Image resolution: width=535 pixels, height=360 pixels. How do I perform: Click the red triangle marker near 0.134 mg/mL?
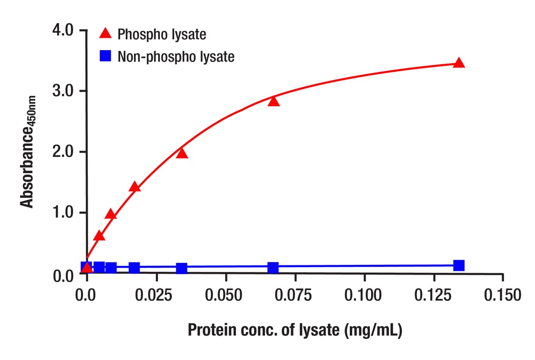click(459, 63)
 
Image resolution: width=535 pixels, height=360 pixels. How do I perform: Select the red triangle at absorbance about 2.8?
click(273, 101)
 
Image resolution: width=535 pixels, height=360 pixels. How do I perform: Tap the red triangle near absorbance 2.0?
click(181, 153)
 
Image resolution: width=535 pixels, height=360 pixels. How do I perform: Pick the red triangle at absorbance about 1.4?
click(135, 187)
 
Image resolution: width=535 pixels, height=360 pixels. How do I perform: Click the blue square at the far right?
click(459, 265)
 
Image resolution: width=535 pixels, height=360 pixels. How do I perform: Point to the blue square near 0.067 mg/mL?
click(273, 268)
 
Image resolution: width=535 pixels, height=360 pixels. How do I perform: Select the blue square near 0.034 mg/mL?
click(181, 268)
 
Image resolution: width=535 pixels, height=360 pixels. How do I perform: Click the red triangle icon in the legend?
click(106, 33)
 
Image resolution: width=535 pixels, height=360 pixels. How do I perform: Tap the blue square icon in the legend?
click(106, 56)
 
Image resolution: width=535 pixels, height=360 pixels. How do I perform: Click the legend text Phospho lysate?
click(162, 34)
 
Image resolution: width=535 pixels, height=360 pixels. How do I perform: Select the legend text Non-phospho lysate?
click(176, 57)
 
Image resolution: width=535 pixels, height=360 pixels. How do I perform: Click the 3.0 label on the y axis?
click(63, 91)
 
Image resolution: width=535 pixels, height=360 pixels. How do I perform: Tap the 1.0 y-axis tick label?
click(63, 213)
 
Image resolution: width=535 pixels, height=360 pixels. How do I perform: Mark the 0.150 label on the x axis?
click(503, 295)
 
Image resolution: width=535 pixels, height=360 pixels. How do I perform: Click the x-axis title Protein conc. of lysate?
click(295, 330)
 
